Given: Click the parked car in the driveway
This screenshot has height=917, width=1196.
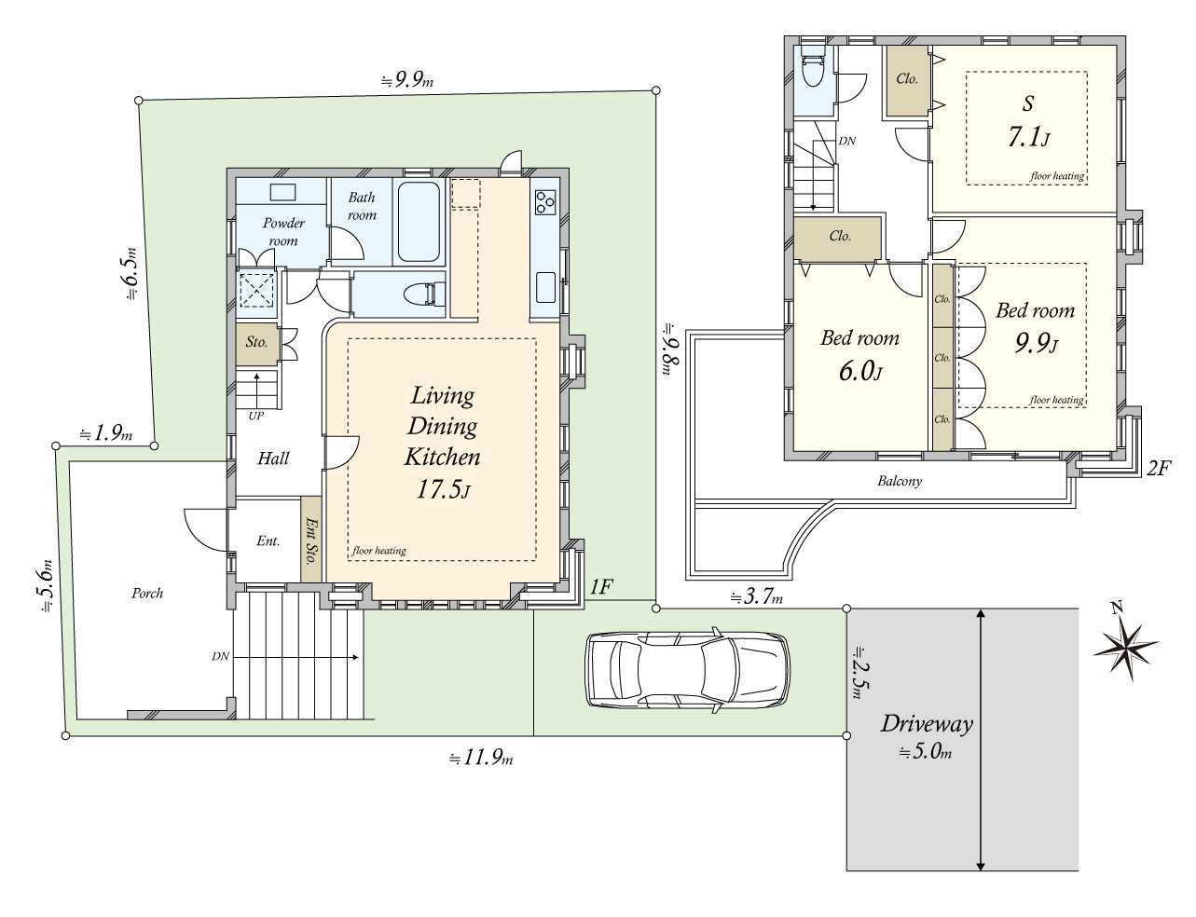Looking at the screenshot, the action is pos(687,670).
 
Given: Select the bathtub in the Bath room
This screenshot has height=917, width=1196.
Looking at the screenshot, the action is pos(419,222).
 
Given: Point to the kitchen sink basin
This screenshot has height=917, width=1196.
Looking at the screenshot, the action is pos(545,287).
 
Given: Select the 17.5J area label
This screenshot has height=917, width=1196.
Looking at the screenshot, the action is pos(443,489).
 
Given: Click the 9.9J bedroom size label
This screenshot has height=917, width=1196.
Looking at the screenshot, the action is pos(1037,343).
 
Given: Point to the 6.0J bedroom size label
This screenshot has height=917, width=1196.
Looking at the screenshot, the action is pos(860,371).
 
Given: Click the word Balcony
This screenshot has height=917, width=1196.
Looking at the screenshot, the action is pos(900,481).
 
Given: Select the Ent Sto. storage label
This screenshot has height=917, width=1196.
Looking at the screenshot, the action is pos(311,541).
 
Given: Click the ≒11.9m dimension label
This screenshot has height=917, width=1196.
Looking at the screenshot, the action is pos(481,759).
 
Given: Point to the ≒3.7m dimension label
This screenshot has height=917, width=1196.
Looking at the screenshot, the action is pos(756,596).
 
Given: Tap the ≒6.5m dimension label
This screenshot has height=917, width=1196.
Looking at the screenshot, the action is pos(131,273).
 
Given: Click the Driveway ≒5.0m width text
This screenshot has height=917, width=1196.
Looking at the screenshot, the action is pos(927,751).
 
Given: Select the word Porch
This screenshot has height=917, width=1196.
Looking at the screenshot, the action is pos(147,593).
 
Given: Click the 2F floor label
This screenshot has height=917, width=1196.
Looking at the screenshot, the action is pos(1158,468).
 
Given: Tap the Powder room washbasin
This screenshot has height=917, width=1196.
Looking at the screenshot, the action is pos(282,193).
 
